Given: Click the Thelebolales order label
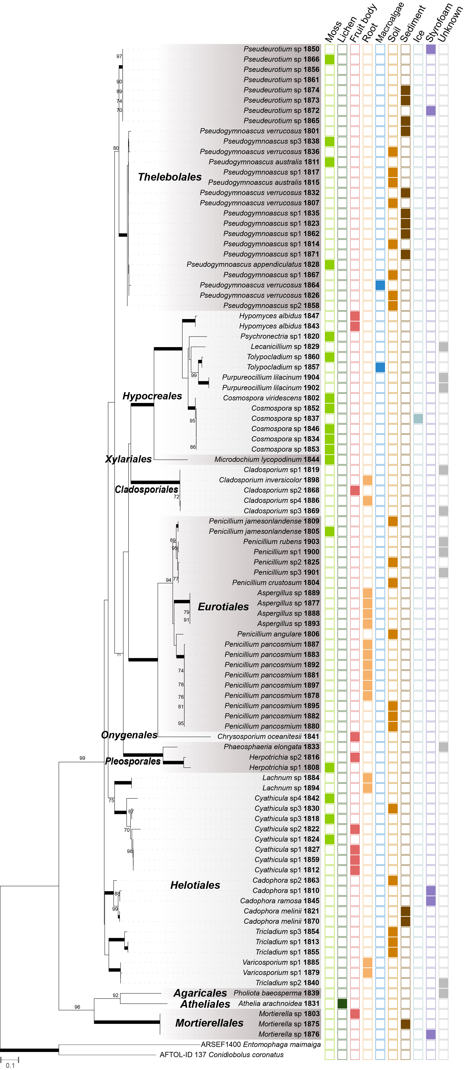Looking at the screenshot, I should pyautogui.click(x=170, y=177).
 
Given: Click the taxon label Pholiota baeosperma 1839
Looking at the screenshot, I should pyautogui.click(x=276, y=993).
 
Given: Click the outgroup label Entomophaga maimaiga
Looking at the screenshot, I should pyautogui.click(x=261, y=1044).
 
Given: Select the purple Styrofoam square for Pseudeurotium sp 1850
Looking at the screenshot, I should pyautogui.click(x=431, y=49).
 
